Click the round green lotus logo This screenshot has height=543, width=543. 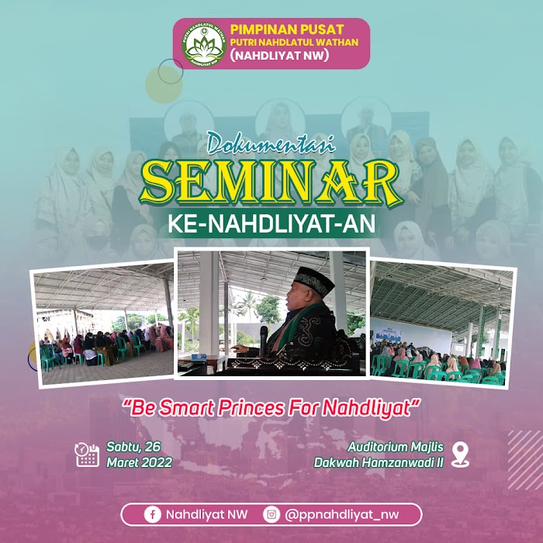pyautogui.click(x=204, y=44)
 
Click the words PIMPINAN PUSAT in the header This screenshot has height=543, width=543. pyautogui.click(x=287, y=29)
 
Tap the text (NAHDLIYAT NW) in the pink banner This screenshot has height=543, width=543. pyautogui.click(x=279, y=55)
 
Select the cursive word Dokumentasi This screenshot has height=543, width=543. pyautogui.click(x=271, y=143)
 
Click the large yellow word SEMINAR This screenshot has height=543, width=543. pyautogui.click(x=271, y=183)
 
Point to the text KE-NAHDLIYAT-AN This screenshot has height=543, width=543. pyautogui.click(x=271, y=223)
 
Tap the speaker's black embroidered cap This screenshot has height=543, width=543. pyautogui.click(x=313, y=281)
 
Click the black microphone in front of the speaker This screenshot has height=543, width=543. pyautogui.click(x=264, y=341)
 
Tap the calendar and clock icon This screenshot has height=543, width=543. pyautogui.click(x=87, y=455)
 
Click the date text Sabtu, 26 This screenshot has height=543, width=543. pyautogui.click(x=133, y=447)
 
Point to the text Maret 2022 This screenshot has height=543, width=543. pyautogui.click(x=139, y=462)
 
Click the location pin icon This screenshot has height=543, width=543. pyautogui.click(x=461, y=455)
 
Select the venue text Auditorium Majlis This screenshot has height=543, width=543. pyautogui.click(x=396, y=447)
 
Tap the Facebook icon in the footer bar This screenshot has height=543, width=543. pyautogui.click(x=152, y=514)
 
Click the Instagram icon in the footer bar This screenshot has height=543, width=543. pyautogui.click(x=271, y=514)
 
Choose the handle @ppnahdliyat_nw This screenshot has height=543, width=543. pyautogui.click(x=342, y=515)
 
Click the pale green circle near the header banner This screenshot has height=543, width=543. pyautogui.click(x=164, y=85)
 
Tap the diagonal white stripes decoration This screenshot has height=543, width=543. pyautogui.click(x=525, y=460)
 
